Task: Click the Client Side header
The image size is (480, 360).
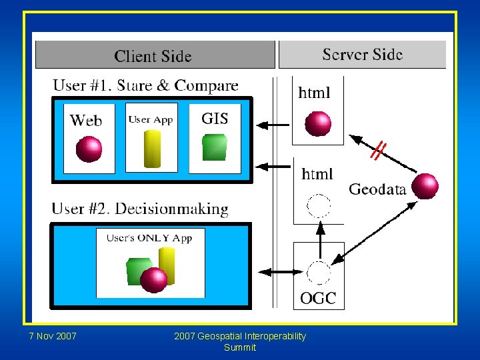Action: click(153, 56)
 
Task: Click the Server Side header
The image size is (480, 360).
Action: click(362, 55)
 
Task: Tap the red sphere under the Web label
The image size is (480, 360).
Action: click(89, 149)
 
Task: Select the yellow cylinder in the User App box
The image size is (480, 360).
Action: click(153, 148)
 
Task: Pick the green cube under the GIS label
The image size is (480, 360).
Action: click(215, 147)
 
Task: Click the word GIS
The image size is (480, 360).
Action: click(215, 119)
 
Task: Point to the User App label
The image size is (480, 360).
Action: click(151, 119)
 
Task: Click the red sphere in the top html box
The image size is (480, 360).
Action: click(318, 123)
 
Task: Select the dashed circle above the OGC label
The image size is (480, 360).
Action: click(319, 273)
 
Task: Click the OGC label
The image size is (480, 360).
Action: click(318, 298)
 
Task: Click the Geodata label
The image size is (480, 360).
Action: click(377, 189)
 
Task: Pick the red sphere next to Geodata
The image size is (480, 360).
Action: click(425, 186)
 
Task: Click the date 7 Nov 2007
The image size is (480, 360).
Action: click(53, 336)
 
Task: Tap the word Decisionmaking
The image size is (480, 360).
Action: click(172, 209)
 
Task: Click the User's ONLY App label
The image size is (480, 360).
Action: click(149, 238)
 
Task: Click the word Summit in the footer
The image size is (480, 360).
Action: click(240, 347)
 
